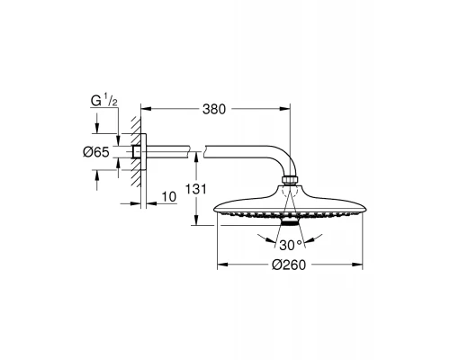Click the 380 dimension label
pyautogui.click(x=214, y=110)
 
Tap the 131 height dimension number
pyautogui.click(x=195, y=189)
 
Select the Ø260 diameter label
pyautogui.click(x=289, y=265)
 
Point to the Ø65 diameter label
pyautogui.click(x=96, y=152)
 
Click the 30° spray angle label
pyautogui.click(x=291, y=246)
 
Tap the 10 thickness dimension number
pyautogui.click(x=169, y=197)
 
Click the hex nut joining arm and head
pyautogui.click(x=291, y=180)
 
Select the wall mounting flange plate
pyautogui.click(x=144, y=152)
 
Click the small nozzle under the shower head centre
pyautogui.click(x=291, y=221)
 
